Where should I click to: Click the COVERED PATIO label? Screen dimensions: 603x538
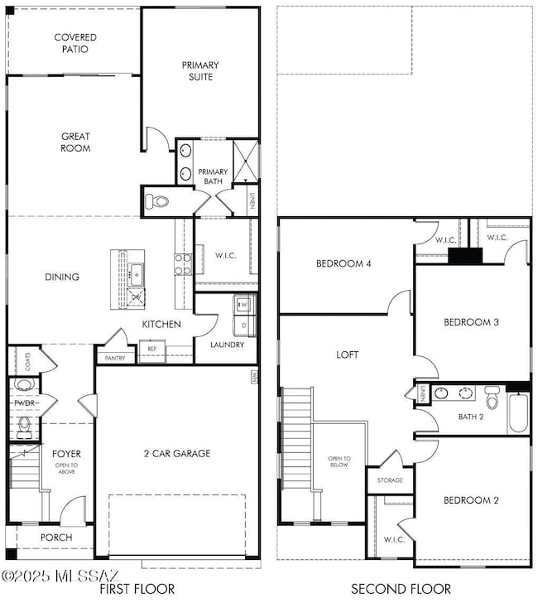[x=75, y=43]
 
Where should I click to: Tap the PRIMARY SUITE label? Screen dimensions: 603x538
[x=199, y=70]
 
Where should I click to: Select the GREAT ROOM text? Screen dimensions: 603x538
[x=75, y=142]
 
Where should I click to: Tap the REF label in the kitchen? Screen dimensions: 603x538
[x=151, y=349]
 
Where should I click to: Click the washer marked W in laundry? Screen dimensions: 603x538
[x=243, y=305]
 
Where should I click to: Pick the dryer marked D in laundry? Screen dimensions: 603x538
[x=243, y=325]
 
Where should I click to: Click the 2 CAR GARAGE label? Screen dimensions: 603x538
[x=176, y=453]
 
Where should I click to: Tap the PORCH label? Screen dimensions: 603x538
[x=56, y=538]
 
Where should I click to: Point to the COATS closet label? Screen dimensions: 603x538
[x=27, y=361]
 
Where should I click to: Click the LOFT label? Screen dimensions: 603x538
[x=348, y=354]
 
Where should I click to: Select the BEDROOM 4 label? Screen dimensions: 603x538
[x=343, y=264]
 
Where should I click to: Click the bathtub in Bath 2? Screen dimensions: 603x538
[x=518, y=412]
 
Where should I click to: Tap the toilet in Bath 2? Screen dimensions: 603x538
[x=492, y=399]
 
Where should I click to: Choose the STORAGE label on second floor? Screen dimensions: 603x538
[x=390, y=480]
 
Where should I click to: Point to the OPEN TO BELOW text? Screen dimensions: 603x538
[x=339, y=461]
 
